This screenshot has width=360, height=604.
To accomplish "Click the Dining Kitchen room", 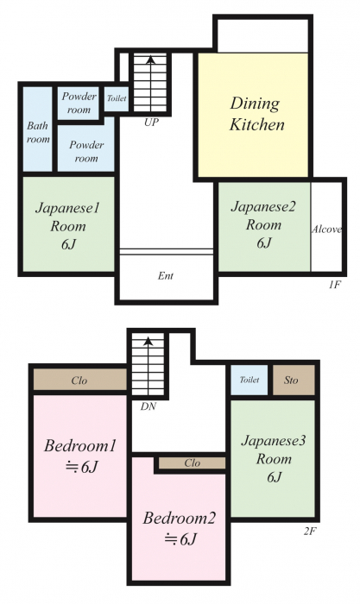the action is coord(253,115).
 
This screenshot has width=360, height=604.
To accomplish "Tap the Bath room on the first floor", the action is coord(38,129).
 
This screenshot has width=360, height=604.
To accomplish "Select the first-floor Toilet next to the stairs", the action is coord(117,98).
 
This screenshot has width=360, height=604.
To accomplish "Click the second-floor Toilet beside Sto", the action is coord(249,380).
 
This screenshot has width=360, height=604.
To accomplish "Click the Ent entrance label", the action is coord(166,276).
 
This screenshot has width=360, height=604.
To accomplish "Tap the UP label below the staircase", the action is coord(151,123).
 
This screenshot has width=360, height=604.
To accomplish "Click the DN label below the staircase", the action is coord(148,406).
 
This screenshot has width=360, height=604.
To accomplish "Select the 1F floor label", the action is coord(335,285).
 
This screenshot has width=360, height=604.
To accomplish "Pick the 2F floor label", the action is coord(310,532).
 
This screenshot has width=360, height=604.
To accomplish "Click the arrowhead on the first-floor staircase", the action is coord(151,60).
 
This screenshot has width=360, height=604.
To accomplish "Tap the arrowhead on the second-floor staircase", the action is coord(148,341).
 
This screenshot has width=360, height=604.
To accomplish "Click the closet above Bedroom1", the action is coord(79,380).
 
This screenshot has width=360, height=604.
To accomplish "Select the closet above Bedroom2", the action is coord(192,463).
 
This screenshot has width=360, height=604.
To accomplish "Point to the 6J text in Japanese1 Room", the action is coord(68,244).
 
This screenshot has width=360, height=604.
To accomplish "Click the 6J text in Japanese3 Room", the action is coord(274,477).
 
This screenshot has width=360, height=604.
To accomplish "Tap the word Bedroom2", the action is coord(179,518).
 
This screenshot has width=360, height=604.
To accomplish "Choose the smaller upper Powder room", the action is coord(79,103).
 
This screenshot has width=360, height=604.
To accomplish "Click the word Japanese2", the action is coord(263,207).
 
